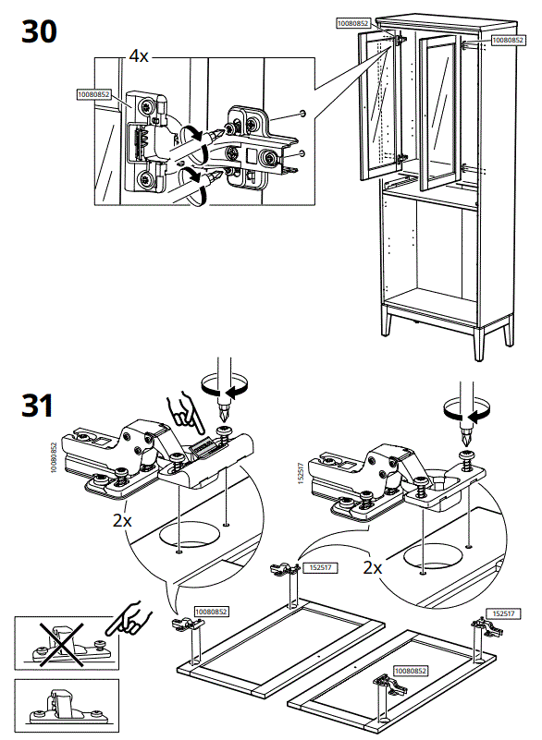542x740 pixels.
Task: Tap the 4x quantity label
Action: tap(138, 56)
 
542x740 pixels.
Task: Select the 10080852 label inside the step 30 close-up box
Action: tap(93, 93)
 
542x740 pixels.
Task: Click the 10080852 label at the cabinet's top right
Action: tap(507, 40)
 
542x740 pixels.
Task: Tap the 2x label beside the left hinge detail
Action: tap(122, 520)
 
